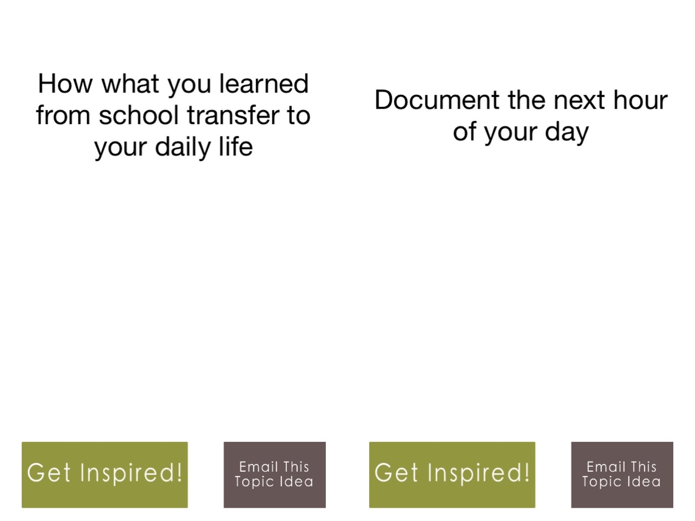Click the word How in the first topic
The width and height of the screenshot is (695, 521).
coord(65,83)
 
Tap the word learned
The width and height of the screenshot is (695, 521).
coord(264,83)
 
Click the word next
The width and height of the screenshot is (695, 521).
coord(579,100)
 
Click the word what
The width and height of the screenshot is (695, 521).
coord(130,83)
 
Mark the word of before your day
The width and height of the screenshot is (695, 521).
coord(464,131)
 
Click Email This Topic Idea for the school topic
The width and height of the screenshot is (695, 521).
coord(275,475)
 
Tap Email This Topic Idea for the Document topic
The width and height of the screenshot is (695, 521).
coord(622,475)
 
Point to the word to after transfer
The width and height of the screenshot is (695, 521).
coord(299,115)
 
